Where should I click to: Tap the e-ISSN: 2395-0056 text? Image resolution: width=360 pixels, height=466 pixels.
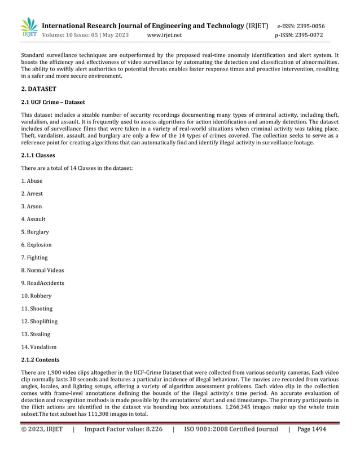(301, 26)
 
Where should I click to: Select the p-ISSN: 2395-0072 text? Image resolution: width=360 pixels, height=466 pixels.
(299, 35)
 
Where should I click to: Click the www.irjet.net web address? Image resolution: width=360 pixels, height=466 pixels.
(164, 35)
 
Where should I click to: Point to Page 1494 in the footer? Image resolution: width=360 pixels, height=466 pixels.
(311, 429)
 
